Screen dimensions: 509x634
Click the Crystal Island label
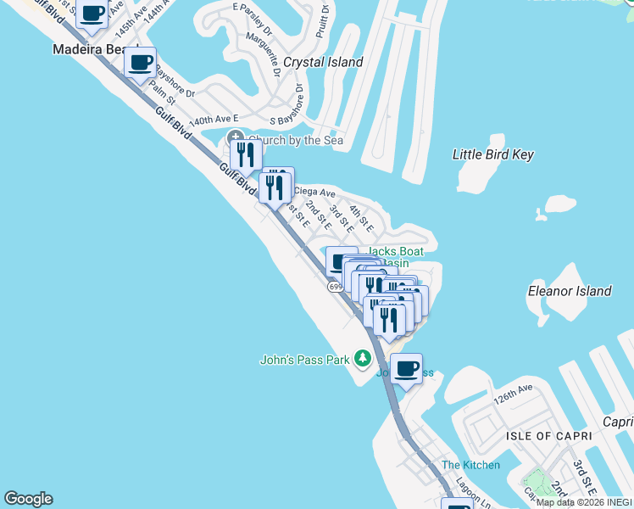(x=323, y=62)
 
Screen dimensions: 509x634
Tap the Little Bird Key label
(x=493, y=154)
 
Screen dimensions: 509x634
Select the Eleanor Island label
(x=570, y=291)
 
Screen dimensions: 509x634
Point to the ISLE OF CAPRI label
(x=542, y=436)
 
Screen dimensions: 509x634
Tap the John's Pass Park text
(x=304, y=360)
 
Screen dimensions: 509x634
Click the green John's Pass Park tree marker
(x=363, y=359)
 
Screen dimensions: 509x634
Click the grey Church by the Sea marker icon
(x=235, y=139)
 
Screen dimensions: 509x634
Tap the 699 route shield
(x=336, y=288)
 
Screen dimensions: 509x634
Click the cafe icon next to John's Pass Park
(x=406, y=368)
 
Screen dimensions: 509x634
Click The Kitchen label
(x=470, y=465)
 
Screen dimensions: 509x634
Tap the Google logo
(x=28, y=499)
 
